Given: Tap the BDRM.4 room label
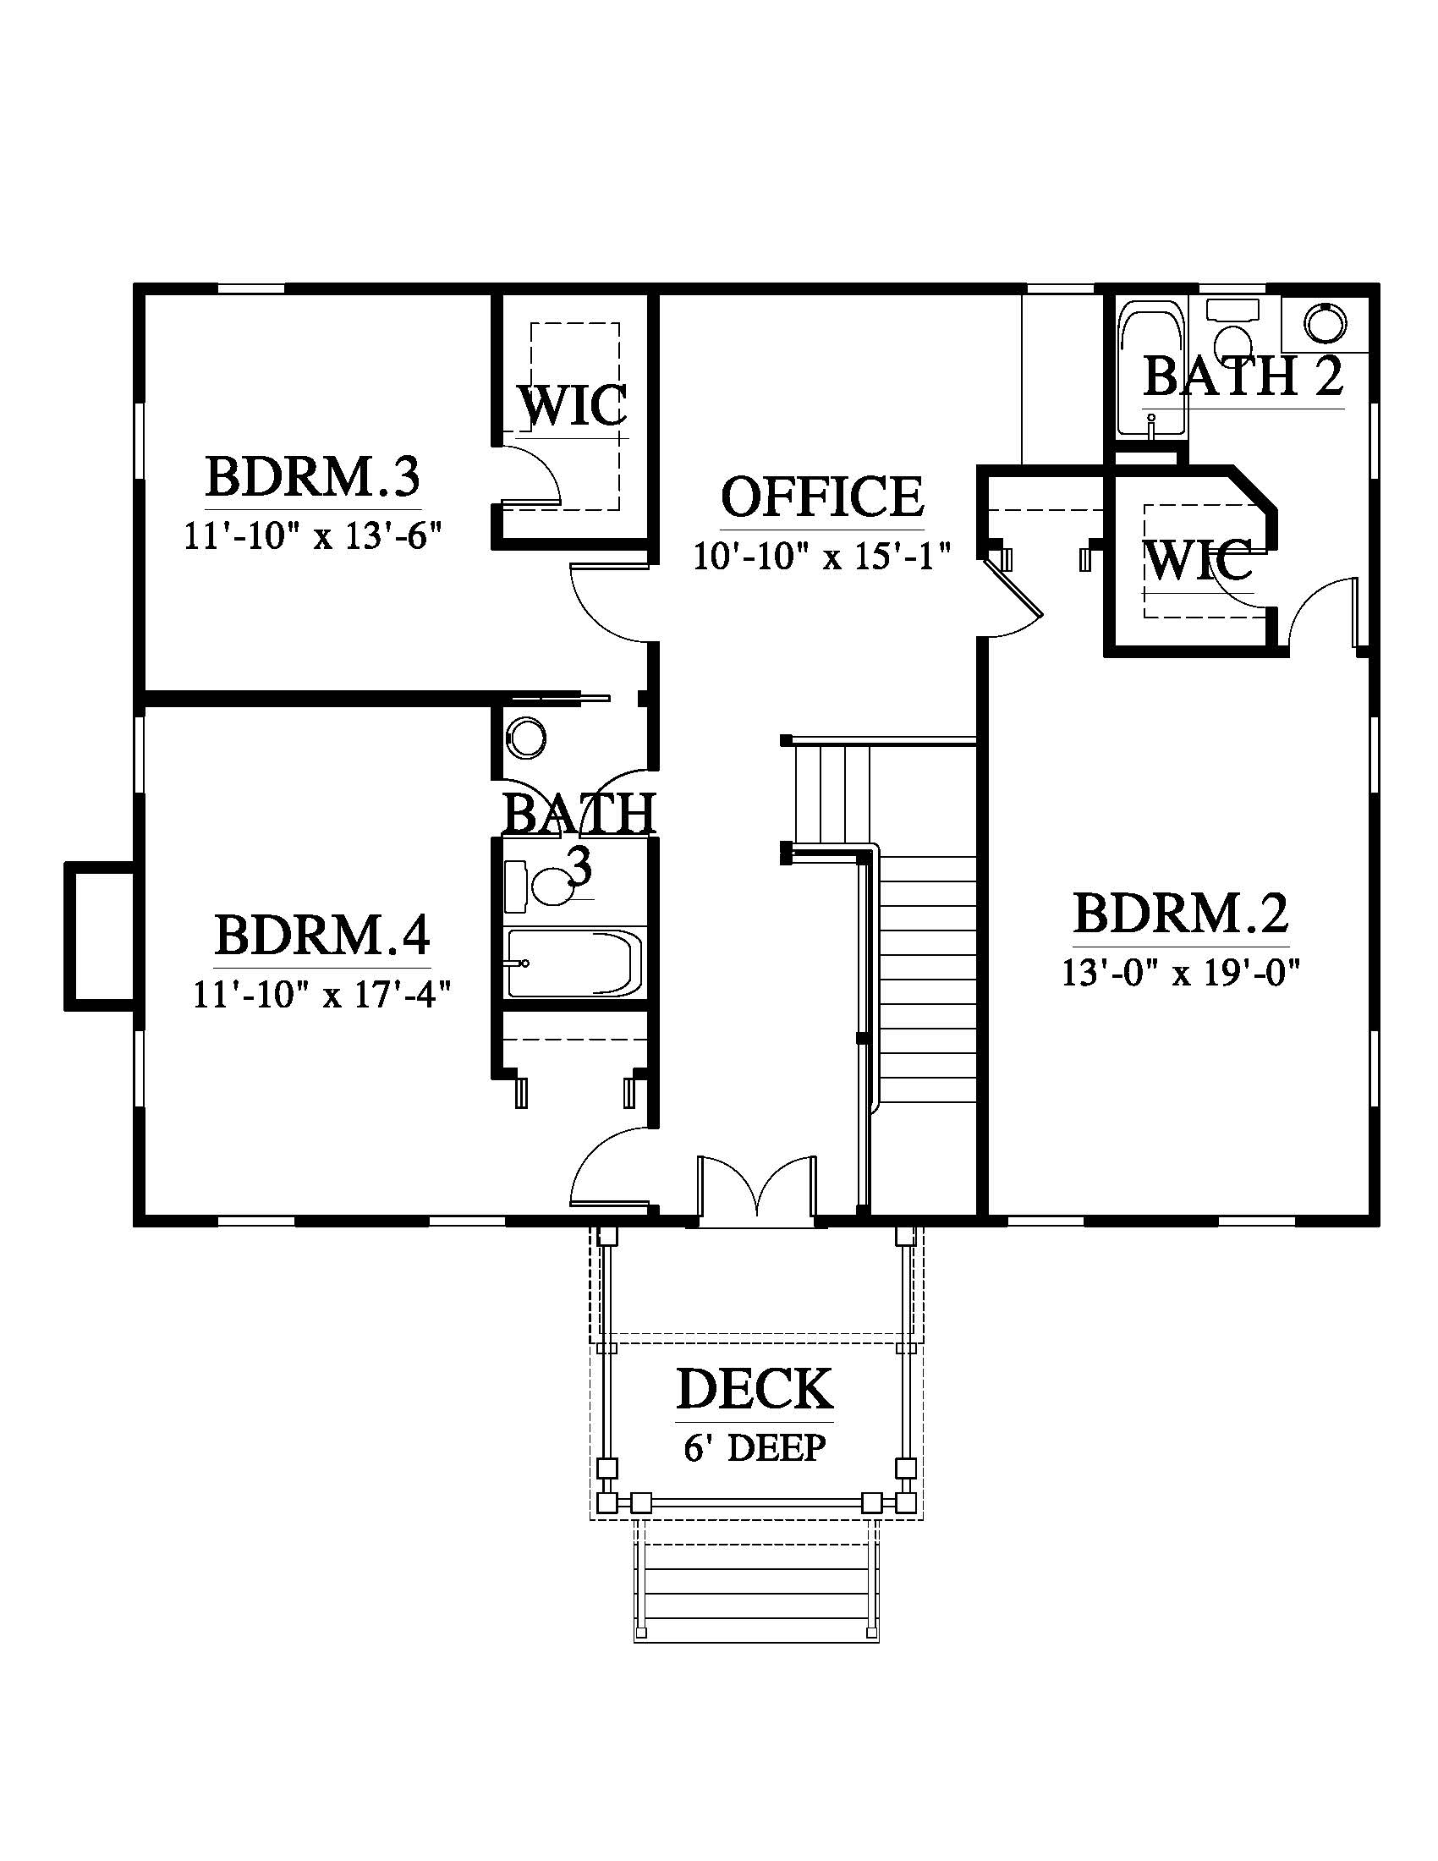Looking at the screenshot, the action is click(x=322, y=935).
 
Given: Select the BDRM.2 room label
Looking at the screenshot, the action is click(x=1181, y=914).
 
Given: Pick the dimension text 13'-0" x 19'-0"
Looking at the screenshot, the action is click(x=1180, y=972).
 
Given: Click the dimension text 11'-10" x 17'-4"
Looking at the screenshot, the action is click(x=322, y=995).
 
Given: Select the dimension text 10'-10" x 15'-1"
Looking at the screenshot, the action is click(x=822, y=557).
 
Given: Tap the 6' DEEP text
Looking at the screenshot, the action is click(x=755, y=1447).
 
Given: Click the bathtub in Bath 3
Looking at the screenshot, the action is click(x=575, y=963).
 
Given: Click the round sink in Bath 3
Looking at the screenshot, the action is click(x=525, y=738).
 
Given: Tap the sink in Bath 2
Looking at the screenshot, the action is click(x=1325, y=322).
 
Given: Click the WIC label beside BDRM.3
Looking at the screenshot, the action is click(x=574, y=405).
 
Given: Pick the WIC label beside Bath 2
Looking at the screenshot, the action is click(x=1199, y=560).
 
